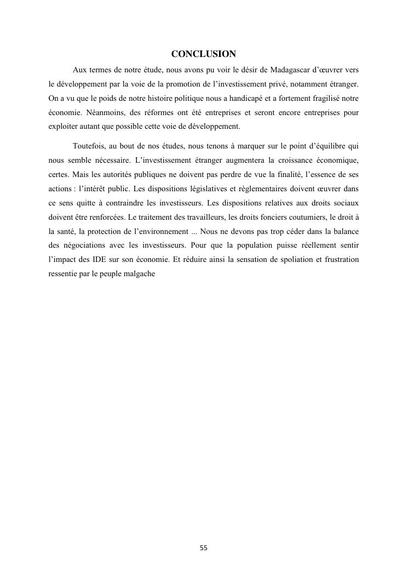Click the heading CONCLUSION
[x=203, y=54]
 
